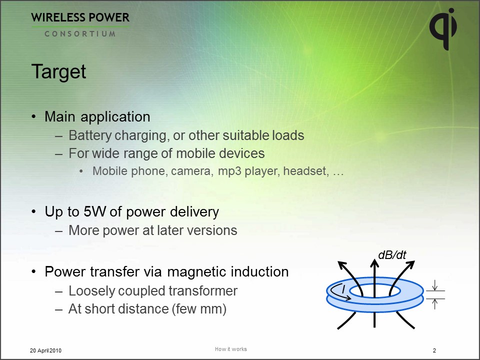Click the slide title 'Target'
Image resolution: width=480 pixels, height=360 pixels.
pos(58,72)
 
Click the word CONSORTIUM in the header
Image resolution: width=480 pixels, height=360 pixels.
pos(80,34)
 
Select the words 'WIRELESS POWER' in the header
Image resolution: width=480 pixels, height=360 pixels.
pos(80,18)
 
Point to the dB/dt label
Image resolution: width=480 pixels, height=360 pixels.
pos(392,255)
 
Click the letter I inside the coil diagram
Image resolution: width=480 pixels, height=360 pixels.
pos(343,289)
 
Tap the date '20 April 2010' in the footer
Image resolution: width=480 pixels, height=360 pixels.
pos(45,350)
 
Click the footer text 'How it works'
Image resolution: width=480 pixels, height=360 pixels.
pos(231,349)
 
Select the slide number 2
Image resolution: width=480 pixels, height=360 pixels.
pos(434,350)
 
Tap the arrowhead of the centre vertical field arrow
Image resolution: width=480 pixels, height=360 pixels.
pos(374,262)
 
